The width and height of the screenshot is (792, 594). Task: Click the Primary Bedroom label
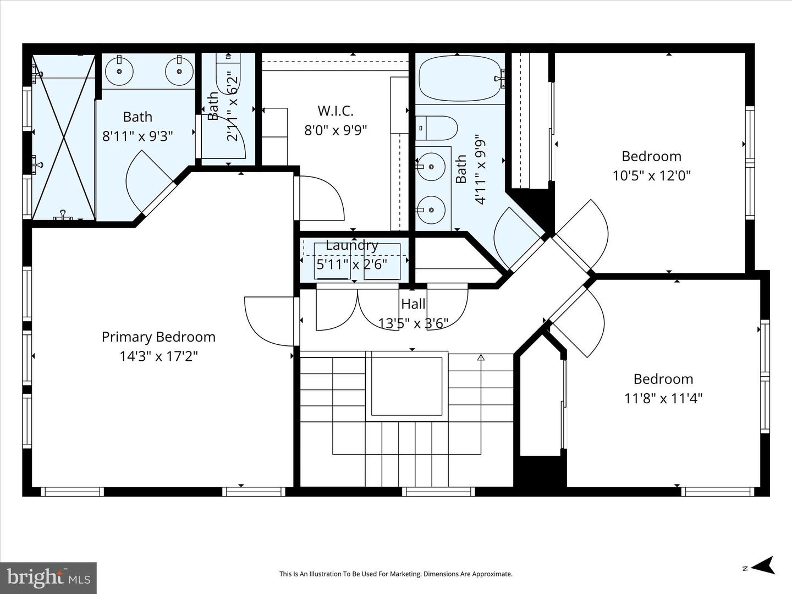(158, 337)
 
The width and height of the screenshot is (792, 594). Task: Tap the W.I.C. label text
(335, 111)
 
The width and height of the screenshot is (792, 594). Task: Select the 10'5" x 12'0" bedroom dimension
(651, 175)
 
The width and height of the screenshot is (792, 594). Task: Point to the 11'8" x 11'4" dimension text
(663, 399)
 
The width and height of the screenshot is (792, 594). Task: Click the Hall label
(413, 304)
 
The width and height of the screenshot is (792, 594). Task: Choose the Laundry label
(352, 246)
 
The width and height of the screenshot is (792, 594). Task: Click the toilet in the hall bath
(436, 128)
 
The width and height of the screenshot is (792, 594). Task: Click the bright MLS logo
(48, 577)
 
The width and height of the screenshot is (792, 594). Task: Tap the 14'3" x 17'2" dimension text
(158, 356)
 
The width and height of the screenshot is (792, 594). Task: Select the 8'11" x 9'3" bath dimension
(137, 136)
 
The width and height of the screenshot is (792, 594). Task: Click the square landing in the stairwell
(406, 386)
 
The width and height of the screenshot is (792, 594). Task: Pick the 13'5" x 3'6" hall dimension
(413, 323)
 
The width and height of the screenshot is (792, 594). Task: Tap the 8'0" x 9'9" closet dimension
(335, 130)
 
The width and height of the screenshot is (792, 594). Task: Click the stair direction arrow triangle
(481, 358)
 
